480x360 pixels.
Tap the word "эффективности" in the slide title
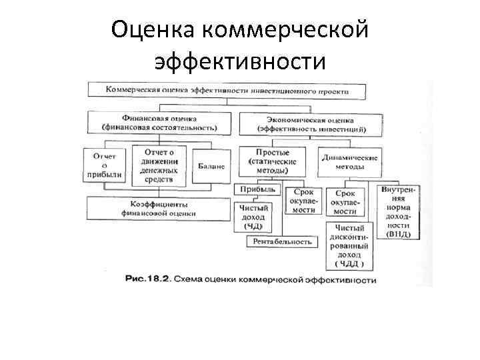click(240, 61)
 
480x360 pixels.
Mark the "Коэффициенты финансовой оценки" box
click(158, 209)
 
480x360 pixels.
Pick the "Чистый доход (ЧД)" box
click(253, 217)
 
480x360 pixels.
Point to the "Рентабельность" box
click(283, 242)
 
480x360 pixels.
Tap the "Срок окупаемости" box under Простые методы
click(304, 200)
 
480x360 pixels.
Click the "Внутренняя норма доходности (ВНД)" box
click(399, 211)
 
